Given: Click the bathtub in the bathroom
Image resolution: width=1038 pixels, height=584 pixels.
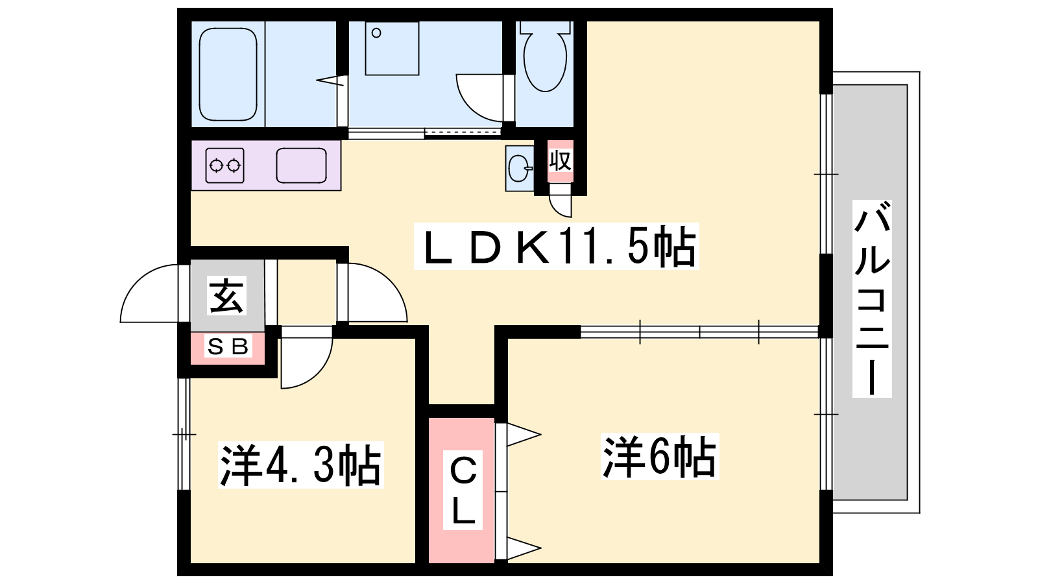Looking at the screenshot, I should tap(228, 73).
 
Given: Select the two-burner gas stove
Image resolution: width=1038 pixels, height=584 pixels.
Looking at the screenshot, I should tap(224, 165).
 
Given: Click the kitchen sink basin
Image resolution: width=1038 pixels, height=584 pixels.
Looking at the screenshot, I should tap(301, 165).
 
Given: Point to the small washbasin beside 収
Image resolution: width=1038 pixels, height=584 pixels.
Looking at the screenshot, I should tap(519, 169).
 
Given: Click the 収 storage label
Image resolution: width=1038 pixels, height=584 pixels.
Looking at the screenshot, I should tap(561, 160).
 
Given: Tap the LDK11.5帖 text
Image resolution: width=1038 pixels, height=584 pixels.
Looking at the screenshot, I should tap(557, 247).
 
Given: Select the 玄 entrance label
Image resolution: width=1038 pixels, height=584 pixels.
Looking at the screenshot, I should tap(226, 296).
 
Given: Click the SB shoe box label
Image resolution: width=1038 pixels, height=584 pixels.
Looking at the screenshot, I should tap(227, 347).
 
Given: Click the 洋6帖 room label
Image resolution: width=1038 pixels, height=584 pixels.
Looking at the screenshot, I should tap(660, 457).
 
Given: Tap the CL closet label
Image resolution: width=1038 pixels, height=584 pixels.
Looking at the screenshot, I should tap(463, 491).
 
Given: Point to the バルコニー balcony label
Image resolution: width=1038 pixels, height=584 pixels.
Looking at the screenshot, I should tap(872, 298).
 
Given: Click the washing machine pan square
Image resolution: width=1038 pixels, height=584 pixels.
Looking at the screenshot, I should tap(392, 49).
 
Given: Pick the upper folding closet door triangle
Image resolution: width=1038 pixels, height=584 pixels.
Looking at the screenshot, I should tap(522, 435).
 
